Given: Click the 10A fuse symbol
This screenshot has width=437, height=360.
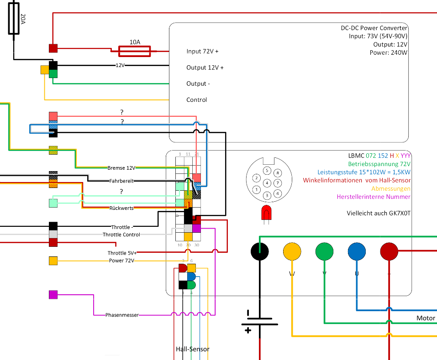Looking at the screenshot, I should (x=134, y=51).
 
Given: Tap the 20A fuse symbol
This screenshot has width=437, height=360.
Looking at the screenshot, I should (x=14, y=18).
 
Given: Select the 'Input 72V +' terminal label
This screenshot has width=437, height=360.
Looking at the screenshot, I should (x=202, y=52).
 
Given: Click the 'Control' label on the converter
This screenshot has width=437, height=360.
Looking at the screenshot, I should (x=196, y=100).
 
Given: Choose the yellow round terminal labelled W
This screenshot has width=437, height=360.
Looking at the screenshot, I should (x=292, y=251).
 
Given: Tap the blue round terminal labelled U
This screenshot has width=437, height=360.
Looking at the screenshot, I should (x=357, y=251).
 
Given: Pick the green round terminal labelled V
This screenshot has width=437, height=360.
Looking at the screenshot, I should (x=324, y=251).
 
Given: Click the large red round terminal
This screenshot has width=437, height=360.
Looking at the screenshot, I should (x=389, y=251).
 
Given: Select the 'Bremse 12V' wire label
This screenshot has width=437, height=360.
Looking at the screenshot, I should (x=121, y=167).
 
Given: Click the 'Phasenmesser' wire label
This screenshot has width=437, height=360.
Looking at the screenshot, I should (x=122, y=315).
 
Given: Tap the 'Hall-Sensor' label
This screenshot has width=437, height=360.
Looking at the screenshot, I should (x=193, y=350).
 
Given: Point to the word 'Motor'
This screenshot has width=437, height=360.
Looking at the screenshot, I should (x=426, y=318).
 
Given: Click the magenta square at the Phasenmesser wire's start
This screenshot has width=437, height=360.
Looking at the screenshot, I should (x=53, y=295).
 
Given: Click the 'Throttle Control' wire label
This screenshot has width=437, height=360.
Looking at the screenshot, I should (x=121, y=235).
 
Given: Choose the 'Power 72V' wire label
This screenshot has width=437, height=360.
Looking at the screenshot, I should (x=121, y=261).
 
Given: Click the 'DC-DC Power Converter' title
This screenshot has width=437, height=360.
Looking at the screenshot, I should (x=374, y=28).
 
